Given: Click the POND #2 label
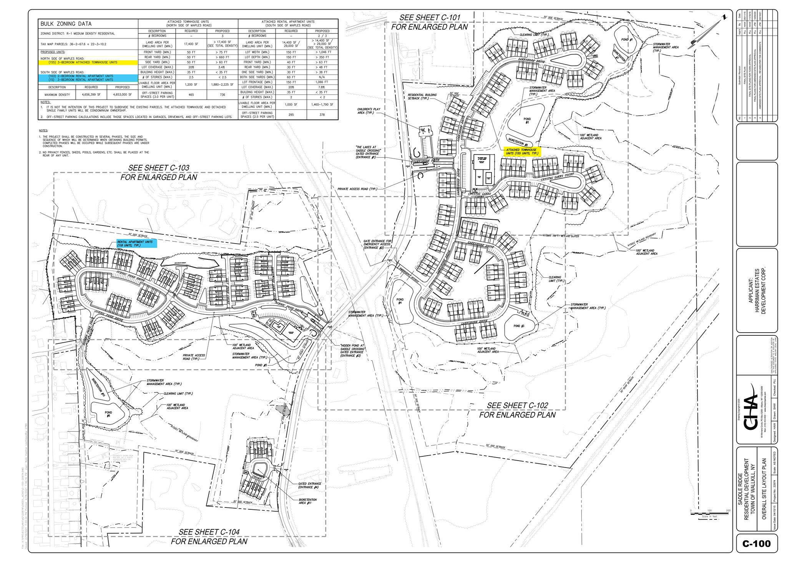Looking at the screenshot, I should pyautogui.click(x=527, y=121).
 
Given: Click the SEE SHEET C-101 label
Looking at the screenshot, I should pyautogui.click(x=429, y=22).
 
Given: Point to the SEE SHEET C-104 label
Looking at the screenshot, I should pyautogui.click(x=209, y=536).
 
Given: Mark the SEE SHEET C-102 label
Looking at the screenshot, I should pyautogui.click(x=517, y=410).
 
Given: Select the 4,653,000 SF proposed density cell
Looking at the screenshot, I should pyautogui.click(x=122, y=94).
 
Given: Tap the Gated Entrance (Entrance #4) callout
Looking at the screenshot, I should pyautogui.click(x=309, y=486).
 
